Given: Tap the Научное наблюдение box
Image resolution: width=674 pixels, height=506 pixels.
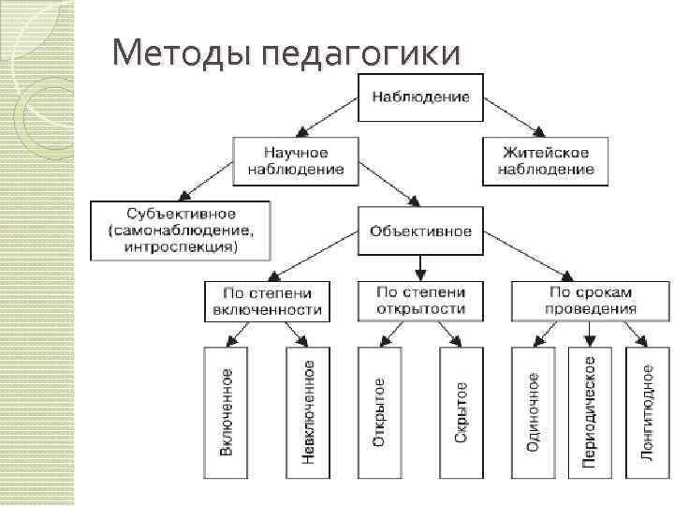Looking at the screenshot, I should pos(296,159).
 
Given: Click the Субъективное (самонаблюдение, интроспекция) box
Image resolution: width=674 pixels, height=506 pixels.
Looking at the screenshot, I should pos(179,229).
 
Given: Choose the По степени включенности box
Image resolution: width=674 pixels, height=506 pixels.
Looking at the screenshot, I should pos(267,300).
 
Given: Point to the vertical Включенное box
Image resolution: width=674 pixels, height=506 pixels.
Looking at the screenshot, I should pos(226,412).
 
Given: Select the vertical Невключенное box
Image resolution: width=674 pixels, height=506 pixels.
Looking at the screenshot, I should pos(308,412).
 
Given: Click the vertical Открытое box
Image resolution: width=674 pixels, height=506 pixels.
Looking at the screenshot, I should pos(377,412).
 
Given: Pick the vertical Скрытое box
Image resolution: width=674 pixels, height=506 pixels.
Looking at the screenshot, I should pos(461,412).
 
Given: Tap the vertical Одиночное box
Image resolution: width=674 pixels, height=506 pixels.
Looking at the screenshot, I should pos(532,412).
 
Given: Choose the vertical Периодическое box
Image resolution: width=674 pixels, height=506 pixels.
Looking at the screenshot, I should pos(589,412).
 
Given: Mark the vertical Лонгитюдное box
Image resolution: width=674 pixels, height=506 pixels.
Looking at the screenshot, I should pos(647,412).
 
